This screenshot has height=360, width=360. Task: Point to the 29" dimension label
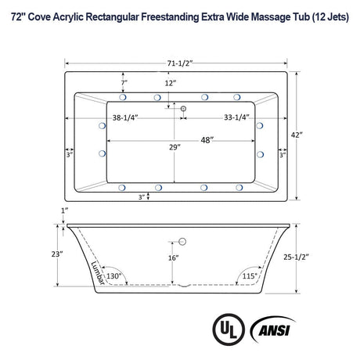(162, 146)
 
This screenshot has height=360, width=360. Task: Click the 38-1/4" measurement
(125, 119)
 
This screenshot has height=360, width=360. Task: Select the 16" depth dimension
(173, 257)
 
